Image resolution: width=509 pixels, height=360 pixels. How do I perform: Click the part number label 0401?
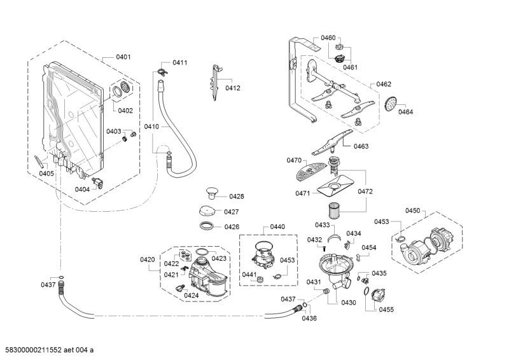point(123,57)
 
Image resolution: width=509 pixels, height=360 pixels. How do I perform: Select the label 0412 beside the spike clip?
point(233,88)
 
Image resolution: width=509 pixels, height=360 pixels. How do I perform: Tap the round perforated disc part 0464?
point(391,103)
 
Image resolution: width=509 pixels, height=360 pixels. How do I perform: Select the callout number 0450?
point(413,211)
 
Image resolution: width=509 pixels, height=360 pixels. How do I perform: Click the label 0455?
point(386,310)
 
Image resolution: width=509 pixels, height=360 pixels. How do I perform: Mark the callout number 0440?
point(277,226)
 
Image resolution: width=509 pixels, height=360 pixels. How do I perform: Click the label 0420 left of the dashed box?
point(147,260)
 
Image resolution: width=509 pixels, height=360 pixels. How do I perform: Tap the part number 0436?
point(309,318)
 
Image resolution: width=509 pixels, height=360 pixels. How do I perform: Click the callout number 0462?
point(384,84)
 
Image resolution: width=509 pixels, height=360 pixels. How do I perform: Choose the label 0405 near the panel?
point(46,174)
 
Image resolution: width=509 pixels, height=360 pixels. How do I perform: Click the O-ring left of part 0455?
point(368,292)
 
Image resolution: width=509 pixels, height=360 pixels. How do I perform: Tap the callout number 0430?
point(348,303)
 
